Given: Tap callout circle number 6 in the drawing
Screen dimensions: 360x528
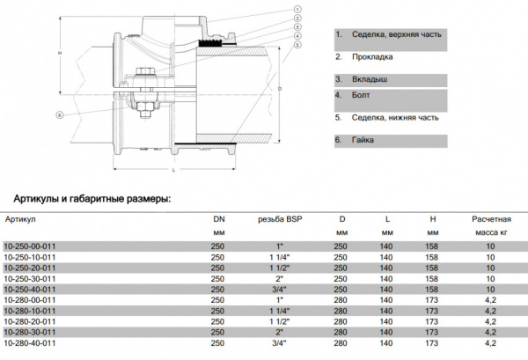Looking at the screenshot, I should [x=60, y=114].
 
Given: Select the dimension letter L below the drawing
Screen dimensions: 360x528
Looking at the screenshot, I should [x=174, y=169].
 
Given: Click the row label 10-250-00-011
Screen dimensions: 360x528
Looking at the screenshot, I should [x=32, y=246].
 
